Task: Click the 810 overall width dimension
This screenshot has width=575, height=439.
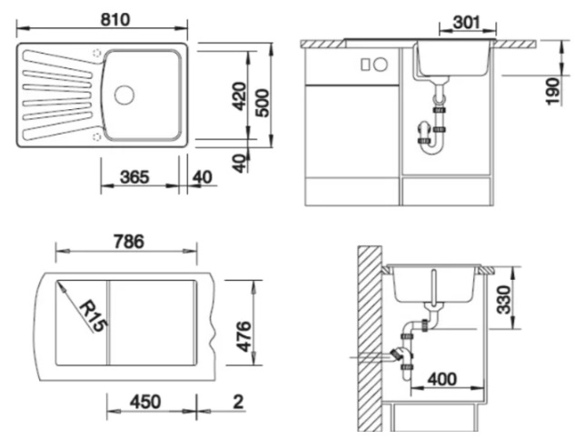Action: pos(115,19)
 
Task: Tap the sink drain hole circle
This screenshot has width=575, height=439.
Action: pos(124,95)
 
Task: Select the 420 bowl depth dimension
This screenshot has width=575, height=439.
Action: pos(240,96)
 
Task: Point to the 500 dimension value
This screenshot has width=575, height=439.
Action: pos(262,103)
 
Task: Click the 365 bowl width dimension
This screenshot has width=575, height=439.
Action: pos(134,177)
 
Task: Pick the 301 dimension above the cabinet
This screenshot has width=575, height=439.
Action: pos(467,23)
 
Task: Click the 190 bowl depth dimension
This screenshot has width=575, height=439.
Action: pos(553,91)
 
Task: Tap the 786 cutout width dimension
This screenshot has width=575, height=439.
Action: pos(129,242)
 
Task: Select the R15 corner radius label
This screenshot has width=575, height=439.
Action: pos(94,316)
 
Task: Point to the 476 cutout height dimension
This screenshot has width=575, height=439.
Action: pos(243,336)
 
